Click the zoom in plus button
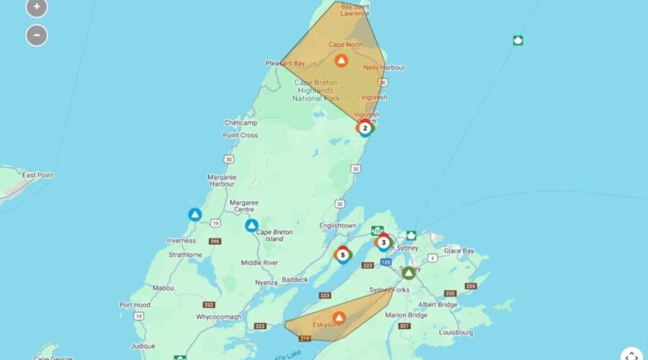coord(37,7)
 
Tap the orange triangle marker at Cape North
coord(341,60)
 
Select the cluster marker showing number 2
coord(365,128)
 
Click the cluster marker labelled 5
coord(343,254)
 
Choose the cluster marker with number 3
coord(384,242)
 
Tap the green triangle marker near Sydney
coord(409,273)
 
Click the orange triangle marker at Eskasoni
coord(338,317)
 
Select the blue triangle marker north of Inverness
coord(194,215)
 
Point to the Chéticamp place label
coord(240,122)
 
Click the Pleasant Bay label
coord(285,63)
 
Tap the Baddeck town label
coord(294,279)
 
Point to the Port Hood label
coord(135,305)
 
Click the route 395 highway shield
coord(215,241)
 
